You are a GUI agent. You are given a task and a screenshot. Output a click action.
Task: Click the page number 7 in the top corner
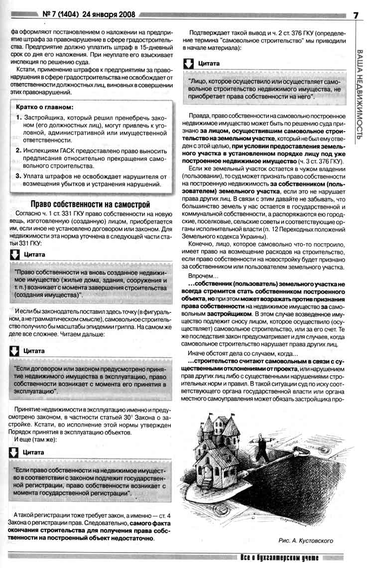pyautogui.click(x=356, y=14)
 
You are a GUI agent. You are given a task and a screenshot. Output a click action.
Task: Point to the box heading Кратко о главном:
pyautogui.click(x=45, y=107)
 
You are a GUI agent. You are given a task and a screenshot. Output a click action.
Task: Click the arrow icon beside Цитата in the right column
pyautogui.click(x=188, y=64)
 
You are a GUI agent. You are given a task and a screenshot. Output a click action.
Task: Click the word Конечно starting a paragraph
pyautogui.click(x=202, y=245)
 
